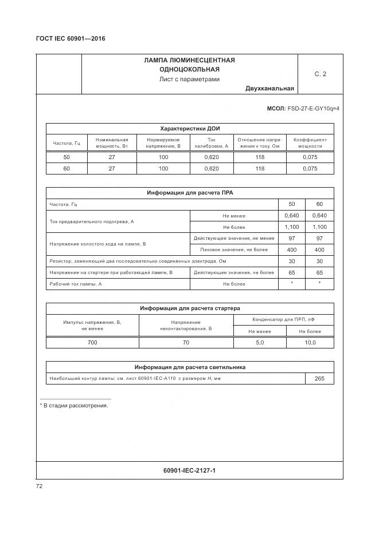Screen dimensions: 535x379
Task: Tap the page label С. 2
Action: [320, 74]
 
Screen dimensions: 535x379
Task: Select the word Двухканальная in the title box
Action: [269, 88]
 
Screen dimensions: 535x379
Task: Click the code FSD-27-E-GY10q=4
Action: [312, 108]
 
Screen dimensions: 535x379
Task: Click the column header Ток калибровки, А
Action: [211, 142]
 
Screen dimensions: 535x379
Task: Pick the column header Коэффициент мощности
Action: [310, 142]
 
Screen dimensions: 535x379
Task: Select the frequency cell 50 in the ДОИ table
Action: [67, 157]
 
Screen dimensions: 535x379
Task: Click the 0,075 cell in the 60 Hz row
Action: [310, 169]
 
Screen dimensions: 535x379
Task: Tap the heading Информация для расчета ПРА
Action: [190, 193]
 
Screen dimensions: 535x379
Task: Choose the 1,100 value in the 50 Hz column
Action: [292, 227]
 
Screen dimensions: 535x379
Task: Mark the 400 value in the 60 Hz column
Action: [319, 250]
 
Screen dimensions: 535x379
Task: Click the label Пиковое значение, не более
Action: [234, 250]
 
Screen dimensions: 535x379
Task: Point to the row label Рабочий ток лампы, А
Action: [76, 284]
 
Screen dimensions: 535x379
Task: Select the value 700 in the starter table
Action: [92, 342]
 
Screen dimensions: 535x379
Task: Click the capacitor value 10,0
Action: [310, 342]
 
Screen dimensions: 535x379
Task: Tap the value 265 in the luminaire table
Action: [319, 379]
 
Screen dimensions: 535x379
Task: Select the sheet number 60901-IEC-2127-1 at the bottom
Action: [189, 470]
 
